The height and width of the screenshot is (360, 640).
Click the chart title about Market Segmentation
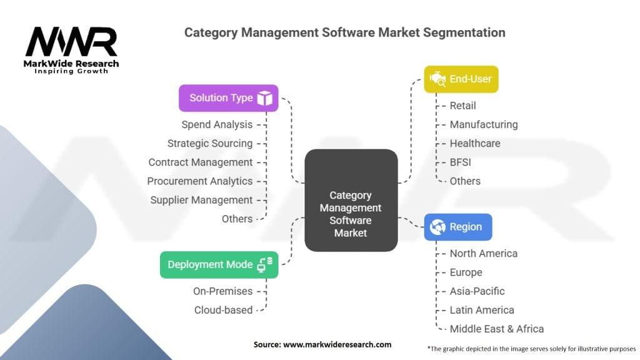344,32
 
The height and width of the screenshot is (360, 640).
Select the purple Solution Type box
228,98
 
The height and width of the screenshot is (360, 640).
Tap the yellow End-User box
461,79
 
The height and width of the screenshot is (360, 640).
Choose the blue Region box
458,227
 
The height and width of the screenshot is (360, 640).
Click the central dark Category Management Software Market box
351,201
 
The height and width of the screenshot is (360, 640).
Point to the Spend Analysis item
217,124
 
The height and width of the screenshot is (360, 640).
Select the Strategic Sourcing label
210,143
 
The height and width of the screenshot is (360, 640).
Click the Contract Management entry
201,162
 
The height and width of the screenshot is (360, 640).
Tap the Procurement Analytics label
200,181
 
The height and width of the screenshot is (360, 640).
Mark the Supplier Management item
201,200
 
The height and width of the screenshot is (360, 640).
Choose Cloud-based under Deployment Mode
223,309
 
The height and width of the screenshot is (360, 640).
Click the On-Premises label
222,291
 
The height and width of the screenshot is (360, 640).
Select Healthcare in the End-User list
475,143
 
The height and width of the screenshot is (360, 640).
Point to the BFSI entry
461,162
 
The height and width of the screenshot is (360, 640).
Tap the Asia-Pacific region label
477,291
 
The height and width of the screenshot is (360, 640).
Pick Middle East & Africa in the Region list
496,328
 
